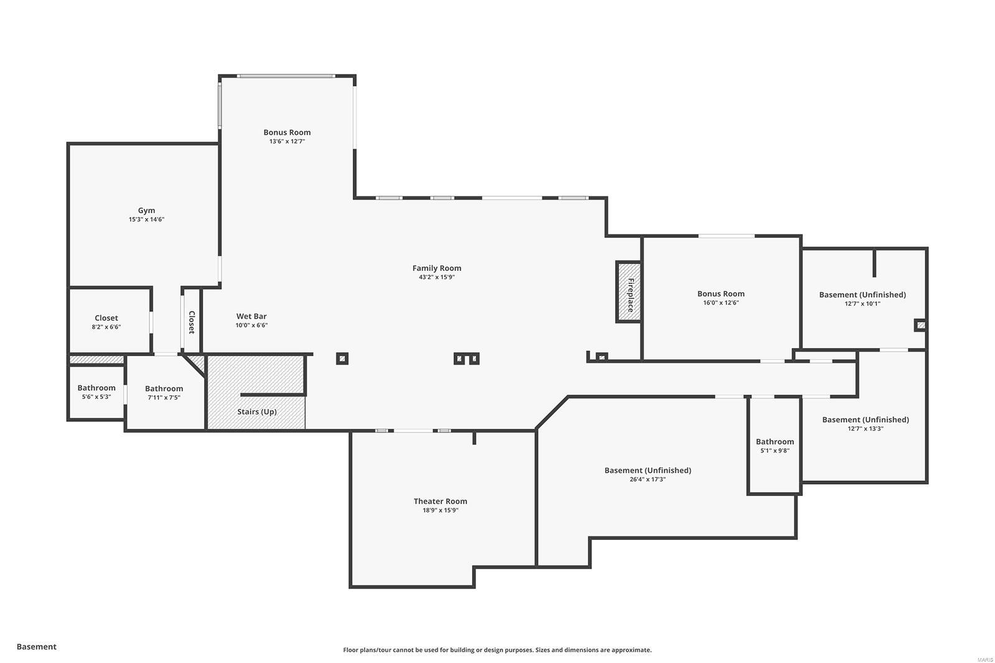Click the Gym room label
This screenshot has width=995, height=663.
pyautogui.click(x=147, y=210)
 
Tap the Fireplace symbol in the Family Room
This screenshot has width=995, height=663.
pyautogui.click(x=629, y=291)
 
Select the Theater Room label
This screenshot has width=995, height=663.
pyautogui.click(x=440, y=501)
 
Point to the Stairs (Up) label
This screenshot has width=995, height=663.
pyautogui.click(x=257, y=411)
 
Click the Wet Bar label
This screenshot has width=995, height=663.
pyautogui.click(x=251, y=316)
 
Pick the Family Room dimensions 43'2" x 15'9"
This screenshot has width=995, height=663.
pyautogui.click(x=437, y=277)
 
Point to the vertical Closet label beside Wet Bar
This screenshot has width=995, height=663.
pyautogui.click(x=192, y=322)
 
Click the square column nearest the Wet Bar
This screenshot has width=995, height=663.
pyautogui.click(x=342, y=359)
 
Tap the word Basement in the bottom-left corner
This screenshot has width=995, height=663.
pyautogui.click(x=37, y=647)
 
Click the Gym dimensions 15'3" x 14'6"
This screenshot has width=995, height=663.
pyautogui.click(x=147, y=219)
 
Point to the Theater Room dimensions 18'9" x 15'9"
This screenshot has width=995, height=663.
pyautogui.click(x=440, y=510)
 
